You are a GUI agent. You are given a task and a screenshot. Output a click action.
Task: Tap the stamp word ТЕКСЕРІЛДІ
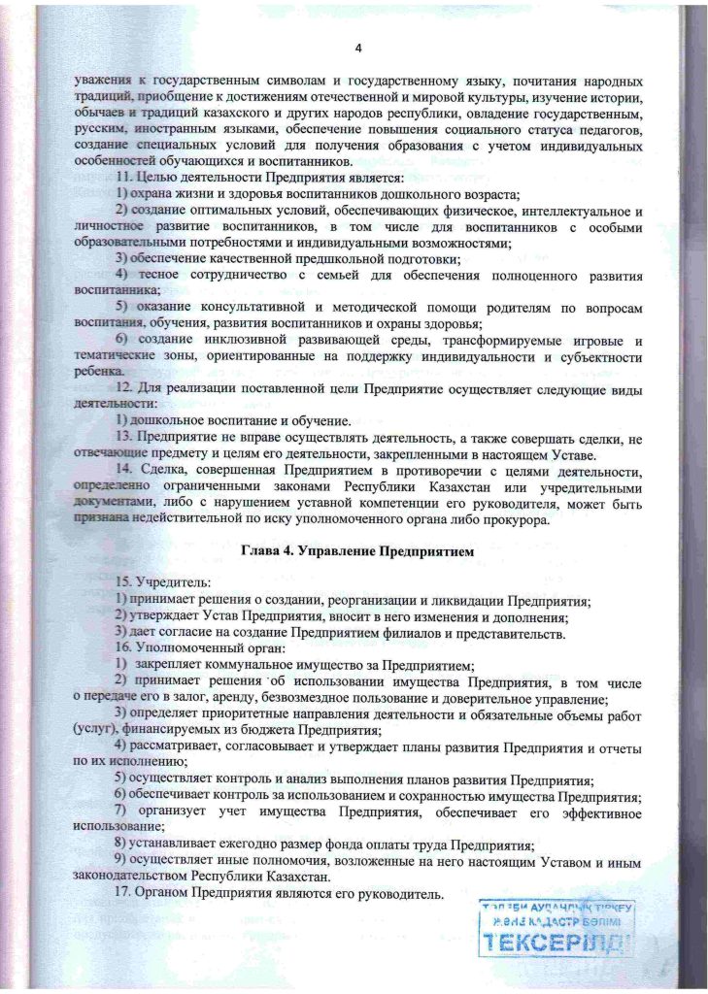click(x=556, y=940)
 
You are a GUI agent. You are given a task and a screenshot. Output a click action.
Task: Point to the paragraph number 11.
click(x=123, y=179)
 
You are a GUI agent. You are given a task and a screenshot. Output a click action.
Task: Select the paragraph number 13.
click(x=123, y=440)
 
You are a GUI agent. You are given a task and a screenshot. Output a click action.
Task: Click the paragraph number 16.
click(x=123, y=648)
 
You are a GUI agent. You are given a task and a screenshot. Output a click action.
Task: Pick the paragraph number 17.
click(x=123, y=893)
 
